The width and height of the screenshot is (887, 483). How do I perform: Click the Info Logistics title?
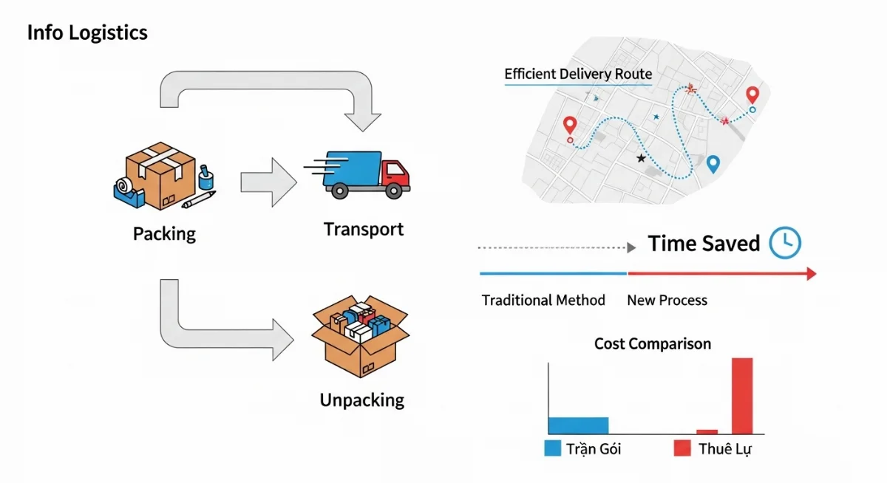87,33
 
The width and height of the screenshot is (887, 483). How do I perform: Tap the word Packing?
164,234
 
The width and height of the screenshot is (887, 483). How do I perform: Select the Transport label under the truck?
364,229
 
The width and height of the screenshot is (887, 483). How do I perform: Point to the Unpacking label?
362,400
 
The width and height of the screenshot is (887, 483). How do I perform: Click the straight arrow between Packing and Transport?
267,181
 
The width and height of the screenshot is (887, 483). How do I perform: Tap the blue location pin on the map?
713,164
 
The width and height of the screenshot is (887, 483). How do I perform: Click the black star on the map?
641,159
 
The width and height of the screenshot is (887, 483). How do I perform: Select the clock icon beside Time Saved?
785,243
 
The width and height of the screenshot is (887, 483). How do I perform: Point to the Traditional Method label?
543,301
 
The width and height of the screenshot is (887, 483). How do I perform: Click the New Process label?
667,301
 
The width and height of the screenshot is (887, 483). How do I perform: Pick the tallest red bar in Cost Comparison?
742,396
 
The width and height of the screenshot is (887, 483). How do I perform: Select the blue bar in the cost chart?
578,425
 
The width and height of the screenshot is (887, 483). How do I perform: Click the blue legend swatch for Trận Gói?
552,448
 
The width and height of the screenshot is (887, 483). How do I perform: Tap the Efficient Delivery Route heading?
578,74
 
